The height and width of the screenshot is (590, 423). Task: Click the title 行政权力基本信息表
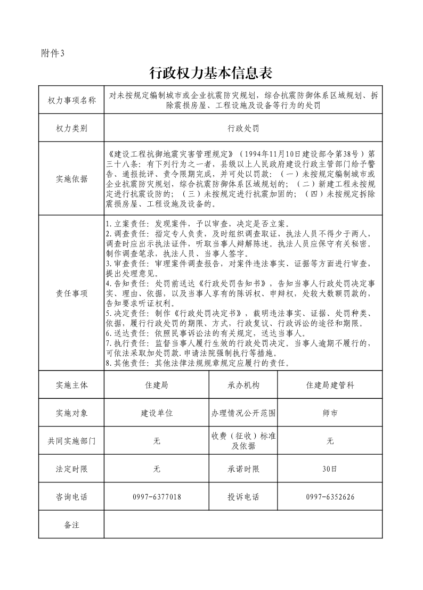211,72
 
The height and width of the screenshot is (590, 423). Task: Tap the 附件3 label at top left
53,53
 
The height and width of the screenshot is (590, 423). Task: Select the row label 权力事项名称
71,100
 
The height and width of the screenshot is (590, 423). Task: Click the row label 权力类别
71,128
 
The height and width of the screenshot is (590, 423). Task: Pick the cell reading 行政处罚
243,128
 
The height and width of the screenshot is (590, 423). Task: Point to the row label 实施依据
71,179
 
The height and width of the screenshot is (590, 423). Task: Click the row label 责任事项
71,293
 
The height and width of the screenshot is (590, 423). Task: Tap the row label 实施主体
71,385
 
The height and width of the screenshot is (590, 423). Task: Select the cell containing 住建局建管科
330,385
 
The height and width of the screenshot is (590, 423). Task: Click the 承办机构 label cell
243,385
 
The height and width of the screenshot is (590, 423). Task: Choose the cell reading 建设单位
157,413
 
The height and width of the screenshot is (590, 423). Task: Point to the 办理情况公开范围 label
243,413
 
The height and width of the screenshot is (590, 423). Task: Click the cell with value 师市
330,413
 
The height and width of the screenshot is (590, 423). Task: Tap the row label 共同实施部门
71,441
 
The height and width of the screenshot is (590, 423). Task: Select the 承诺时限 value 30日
330,469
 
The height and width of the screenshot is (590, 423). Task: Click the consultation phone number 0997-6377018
157,497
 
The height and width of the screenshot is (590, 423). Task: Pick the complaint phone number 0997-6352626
330,497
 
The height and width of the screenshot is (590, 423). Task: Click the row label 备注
71,525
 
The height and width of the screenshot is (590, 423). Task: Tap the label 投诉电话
243,497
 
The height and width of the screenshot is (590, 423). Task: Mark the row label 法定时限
71,469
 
